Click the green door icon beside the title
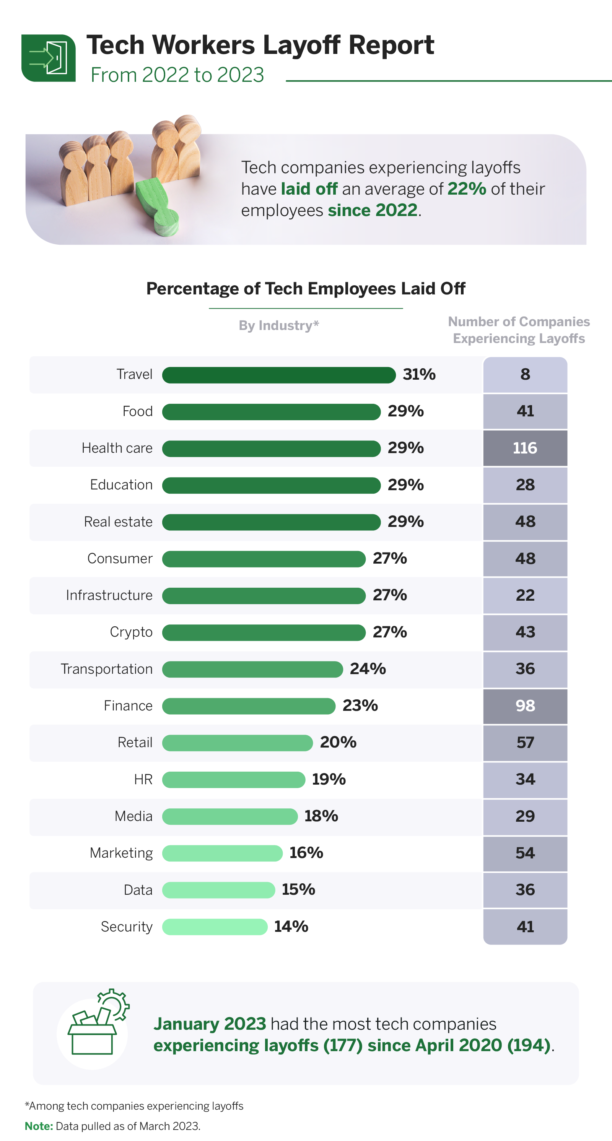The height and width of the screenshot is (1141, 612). click(x=48, y=58)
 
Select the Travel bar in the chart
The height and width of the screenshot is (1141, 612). click(x=278, y=375)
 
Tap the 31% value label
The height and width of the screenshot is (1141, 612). click(x=419, y=375)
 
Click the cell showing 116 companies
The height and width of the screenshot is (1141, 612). click(x=525, y=448)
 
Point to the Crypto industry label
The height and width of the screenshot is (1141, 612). click(x=131, y=632)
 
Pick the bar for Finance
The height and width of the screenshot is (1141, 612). click(x=248, y=706)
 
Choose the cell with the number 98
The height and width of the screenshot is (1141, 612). click(x=525, y=706)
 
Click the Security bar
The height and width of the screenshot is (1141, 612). click(x=215, y=926)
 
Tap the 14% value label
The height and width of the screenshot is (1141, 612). click(x=291, y=926)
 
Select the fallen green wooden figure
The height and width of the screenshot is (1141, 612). click(x=158, y=206)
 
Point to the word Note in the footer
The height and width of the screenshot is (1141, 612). click(x=39, y=1126)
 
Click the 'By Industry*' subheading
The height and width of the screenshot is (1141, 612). click(x=279, y=325)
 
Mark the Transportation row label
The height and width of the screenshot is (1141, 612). click(x=107, y=669)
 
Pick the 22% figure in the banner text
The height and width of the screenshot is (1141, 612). click(x=466, y=189)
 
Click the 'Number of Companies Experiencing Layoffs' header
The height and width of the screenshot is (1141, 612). click(x=519, y=330)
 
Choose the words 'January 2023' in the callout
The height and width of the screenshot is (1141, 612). click(x=209, y=1024)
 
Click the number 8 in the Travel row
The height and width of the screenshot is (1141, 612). click(x=525, y=375)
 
